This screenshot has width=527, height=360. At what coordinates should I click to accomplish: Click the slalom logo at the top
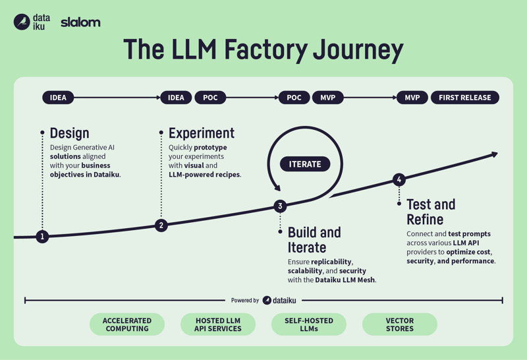pos(80,22)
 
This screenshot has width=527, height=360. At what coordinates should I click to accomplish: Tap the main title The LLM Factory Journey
pos(263,50)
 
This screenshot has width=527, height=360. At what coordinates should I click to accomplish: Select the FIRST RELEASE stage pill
pos(465,98)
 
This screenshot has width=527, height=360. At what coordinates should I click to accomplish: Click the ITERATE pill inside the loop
pos(305,164)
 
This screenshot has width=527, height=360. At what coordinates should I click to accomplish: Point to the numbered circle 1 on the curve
pos(43,236)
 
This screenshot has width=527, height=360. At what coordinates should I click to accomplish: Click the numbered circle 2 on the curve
pos(161,225)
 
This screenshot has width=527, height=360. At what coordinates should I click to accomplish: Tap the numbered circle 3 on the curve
pos(280,206)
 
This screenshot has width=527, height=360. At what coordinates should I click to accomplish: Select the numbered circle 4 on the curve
pos(399,179)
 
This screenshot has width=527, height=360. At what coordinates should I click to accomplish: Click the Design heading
pos(69,133)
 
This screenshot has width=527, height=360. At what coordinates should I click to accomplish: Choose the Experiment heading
pos(201,133)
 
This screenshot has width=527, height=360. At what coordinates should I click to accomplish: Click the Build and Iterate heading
pos(314,240)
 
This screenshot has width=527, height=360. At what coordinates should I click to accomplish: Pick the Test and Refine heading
pos(431,212)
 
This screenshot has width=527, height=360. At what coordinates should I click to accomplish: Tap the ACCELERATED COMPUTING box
pos(127,324)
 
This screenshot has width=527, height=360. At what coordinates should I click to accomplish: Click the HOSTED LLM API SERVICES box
pos(218,324)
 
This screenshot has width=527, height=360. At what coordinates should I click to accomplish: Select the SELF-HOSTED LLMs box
pos(309,324)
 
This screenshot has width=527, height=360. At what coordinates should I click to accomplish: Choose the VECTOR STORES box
pos(400,324)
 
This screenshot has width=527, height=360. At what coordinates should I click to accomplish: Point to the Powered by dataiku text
pos(263,300)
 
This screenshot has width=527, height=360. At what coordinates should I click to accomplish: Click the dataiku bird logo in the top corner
pos(22,22)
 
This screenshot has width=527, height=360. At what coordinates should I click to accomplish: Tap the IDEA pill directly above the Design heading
pos(58,98)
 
